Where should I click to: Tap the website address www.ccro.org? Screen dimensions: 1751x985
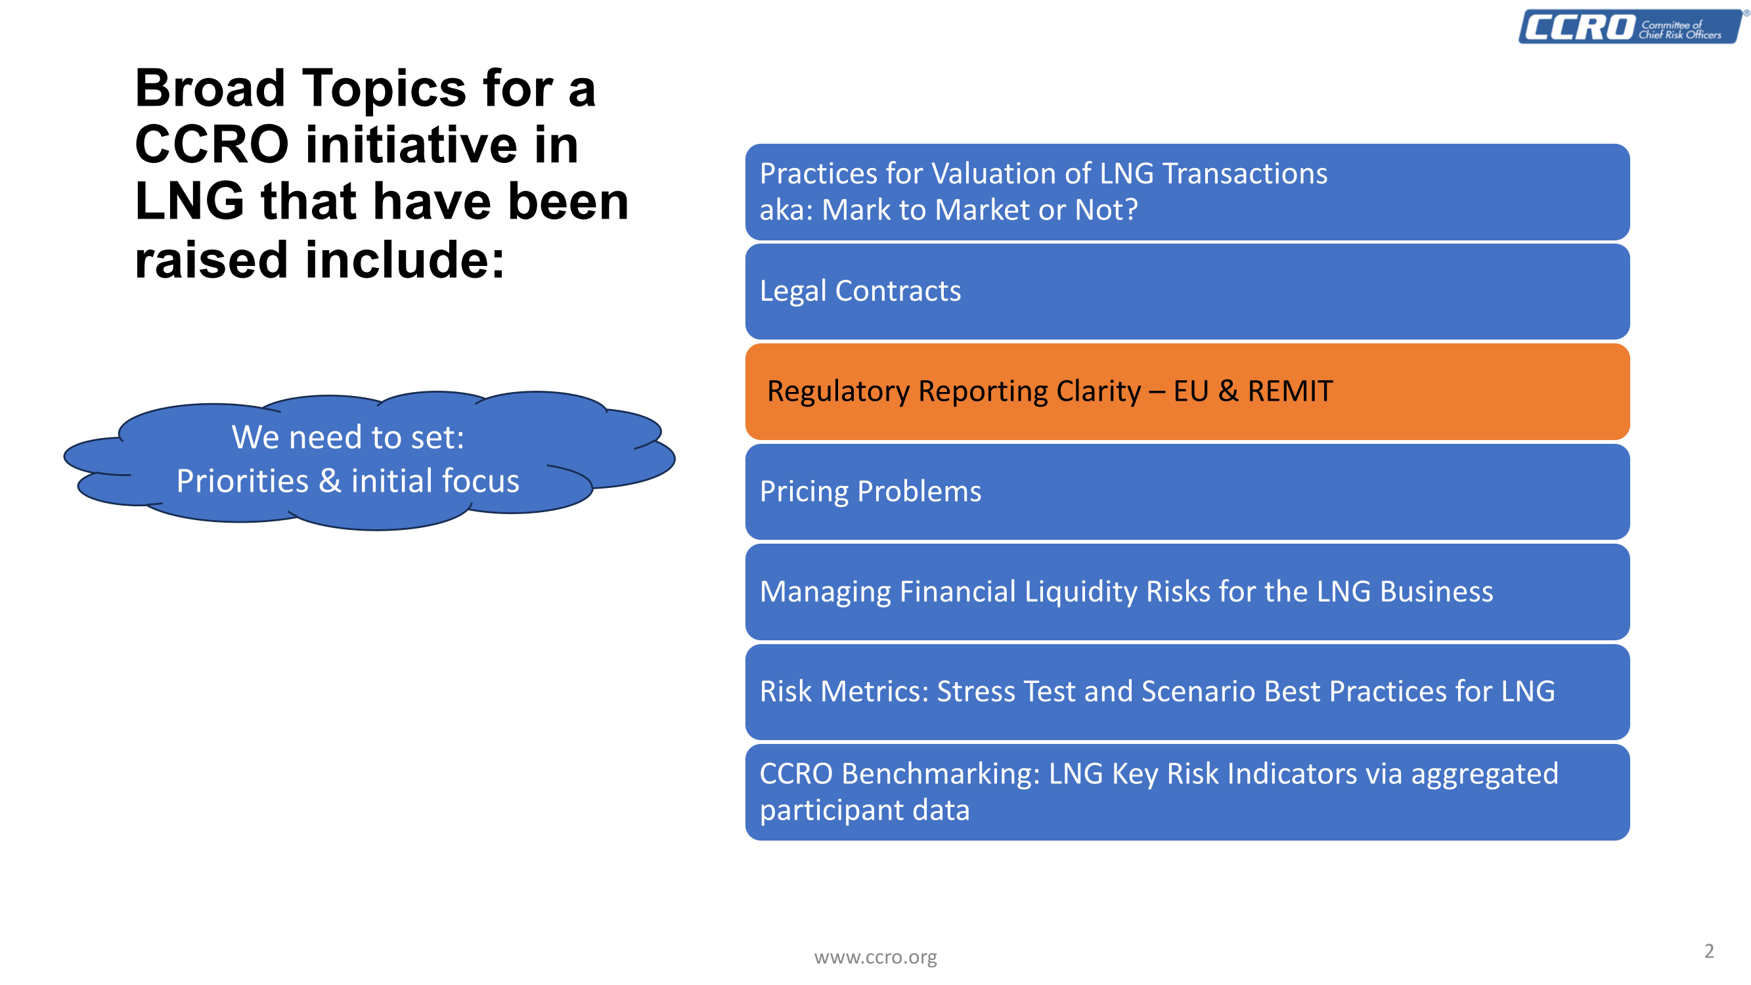click(875, 957)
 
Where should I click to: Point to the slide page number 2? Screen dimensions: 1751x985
click(1709, 950)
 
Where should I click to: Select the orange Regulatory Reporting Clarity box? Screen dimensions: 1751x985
click(1187, 391)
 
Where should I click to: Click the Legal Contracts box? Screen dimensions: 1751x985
click(1187, 292)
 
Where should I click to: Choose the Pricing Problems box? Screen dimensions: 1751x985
click(1187, 491)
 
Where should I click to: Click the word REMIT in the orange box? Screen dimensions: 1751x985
click(1289, 391)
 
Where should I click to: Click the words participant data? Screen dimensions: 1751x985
click(864, 810)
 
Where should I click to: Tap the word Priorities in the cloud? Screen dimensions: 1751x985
click(242, 481)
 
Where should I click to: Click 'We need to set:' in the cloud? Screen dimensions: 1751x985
click(348, 437)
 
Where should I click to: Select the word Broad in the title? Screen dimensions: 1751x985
click(210, 89)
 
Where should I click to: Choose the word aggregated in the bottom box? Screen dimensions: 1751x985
click(1484, 775)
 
